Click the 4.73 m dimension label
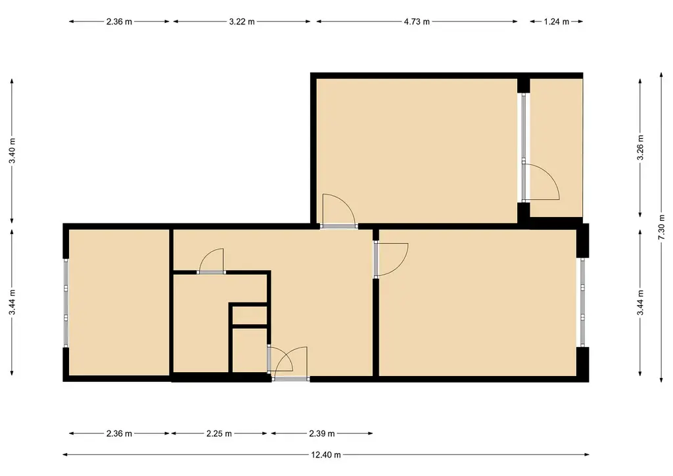click(x=416, y=22)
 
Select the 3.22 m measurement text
click(x=242, y=22)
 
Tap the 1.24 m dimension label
click(x=556, y=22)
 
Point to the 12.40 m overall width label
click(x=326, y=454)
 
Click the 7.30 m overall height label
click(x=661, y=227)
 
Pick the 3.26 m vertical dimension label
click(x=640, y=147)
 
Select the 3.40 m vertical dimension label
click(x=12, y=150)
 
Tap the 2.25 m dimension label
click(x=219, y=433)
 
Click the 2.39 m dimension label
click(x=322, y=433)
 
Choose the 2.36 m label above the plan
click(x=119, y=22)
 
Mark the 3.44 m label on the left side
click(x=12, y=302)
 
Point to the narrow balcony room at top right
click(x=556, y=148)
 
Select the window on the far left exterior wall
click(x=66, y=302)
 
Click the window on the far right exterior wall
click(x=582, y=302)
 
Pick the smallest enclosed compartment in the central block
click(x=250, y=316)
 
